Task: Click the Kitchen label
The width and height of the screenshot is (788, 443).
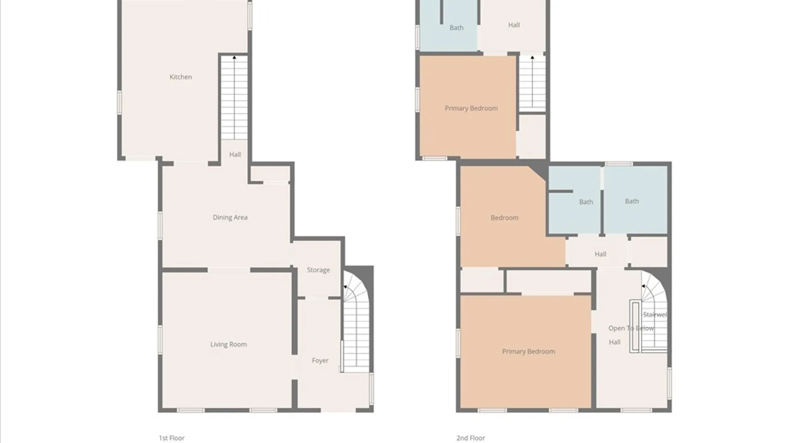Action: pos(181,77)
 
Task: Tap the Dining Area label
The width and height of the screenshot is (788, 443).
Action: pos(230,217)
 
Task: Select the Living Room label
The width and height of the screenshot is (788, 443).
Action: pos(229,345)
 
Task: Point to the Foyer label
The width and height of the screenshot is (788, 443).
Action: pos(320,361)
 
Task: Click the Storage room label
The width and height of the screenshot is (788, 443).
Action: pos(318,270)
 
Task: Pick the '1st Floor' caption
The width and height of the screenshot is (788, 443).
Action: pos(172,438)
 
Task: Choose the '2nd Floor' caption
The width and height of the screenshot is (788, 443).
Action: pos(471,438)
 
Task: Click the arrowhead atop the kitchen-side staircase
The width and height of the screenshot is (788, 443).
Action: pos(234,58)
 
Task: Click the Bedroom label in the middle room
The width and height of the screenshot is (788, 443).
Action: pos(504,218)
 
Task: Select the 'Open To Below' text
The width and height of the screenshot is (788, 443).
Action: pos(631,328)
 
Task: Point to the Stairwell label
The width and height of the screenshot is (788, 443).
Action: pos(655,315)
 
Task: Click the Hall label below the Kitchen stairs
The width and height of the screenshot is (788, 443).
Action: pos(235,155)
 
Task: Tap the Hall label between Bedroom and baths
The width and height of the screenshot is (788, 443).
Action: pos(600,254)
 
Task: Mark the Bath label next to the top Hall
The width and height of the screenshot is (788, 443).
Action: pos(456,28)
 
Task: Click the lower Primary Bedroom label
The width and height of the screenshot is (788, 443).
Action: pos(529,352)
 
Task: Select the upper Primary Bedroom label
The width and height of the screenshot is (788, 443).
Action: pos(471,108)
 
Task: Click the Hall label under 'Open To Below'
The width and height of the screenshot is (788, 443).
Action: pos(614,342)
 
